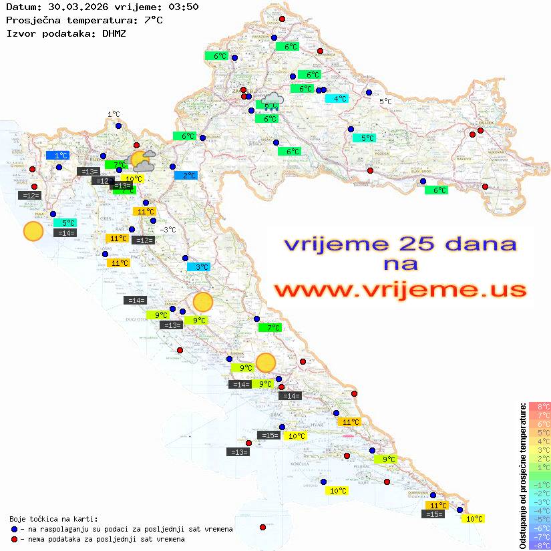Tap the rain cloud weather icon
click(272, 102)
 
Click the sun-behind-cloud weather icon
click(142, 160)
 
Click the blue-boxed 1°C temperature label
click(57, 155)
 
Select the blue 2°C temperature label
click(186, 176)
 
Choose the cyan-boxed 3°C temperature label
click(198, 267)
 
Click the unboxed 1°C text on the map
click(114, 115)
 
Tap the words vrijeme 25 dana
click(399, 244)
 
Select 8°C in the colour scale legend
click(540, 406)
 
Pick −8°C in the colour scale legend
click(540, 546)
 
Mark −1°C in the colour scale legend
click(540, 485)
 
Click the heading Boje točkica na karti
click(53, 519)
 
